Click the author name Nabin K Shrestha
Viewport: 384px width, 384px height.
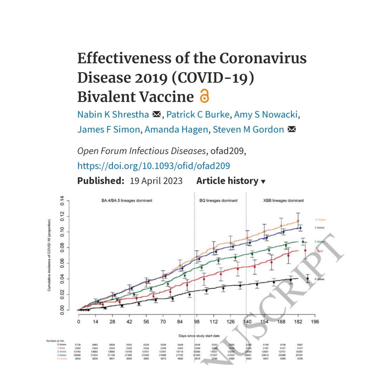pos(113,115)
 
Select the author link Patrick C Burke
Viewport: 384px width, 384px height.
pos(198,115)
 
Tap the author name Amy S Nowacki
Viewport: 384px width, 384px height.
pos(266,115)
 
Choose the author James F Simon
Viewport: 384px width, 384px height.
pos(109,130)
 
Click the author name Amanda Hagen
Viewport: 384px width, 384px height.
pos(176,130)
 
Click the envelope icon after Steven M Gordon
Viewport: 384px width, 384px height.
pos(292,130)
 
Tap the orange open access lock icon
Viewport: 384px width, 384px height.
pos(204,96)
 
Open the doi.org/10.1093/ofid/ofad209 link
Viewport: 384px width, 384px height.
pos(154,166)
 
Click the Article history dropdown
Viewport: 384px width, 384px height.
pos(231,181)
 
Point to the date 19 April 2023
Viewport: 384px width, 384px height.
pos(156,181)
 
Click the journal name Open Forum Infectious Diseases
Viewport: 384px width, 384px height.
pos(141,151)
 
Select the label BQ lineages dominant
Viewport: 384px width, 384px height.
pos(218,200)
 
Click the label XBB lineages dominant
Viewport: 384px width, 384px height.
pos(283,200)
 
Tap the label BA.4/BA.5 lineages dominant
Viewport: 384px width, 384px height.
pos(127,200)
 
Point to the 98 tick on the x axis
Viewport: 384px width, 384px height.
pos(197,322)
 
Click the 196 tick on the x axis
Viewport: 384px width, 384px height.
pos(315,322)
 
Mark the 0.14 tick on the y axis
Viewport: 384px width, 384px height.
pos(62,200)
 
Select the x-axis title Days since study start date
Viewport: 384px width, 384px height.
pos(199,336)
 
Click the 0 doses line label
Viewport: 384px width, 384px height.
pos(319,279)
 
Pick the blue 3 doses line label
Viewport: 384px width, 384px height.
pos(319,228)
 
